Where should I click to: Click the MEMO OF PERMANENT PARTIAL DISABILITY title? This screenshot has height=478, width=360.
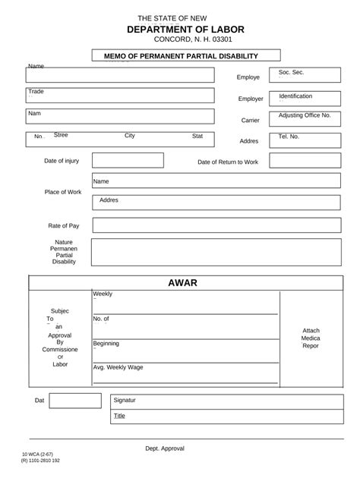(x=186, y=55)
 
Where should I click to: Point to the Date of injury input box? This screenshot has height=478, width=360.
(x=128, y=160)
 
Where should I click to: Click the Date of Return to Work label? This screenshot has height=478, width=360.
(x=228, y=162)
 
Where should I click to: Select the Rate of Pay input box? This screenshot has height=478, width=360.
(x=216, y=225)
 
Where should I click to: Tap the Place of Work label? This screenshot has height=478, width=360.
(x=63, y=192)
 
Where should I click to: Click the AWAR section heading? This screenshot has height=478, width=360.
(x=182, y=283)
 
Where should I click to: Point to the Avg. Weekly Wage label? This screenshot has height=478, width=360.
(x=118, y=367)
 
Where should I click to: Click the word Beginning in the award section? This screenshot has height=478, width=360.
(x=106, y=344)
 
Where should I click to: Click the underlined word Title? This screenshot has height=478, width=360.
(x=119, y=416)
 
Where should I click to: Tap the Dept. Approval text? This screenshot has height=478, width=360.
(x=165, y=448)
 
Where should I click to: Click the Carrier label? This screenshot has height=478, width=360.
(x=251, y=120)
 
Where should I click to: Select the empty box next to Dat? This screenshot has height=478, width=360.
(x=75, y=401)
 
